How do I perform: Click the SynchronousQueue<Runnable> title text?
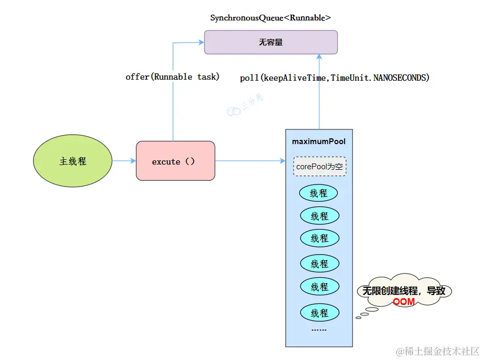coord(271,18)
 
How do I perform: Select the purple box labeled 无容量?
coord(271,42)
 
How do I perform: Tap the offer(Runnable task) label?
coord(173,77)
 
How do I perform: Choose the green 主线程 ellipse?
coord(73,161)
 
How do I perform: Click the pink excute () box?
coord(175,161)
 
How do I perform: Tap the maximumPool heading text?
coord(319,141)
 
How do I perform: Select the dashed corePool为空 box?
coord(319,167)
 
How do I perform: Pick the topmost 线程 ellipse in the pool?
coord(319,193)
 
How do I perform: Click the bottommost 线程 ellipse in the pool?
coord(319,313)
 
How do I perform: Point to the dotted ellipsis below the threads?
coord(319,330)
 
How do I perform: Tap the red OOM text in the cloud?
coord(404,302)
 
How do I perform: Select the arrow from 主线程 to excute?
coord(124,161)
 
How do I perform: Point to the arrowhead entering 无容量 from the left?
coord(200,42)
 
